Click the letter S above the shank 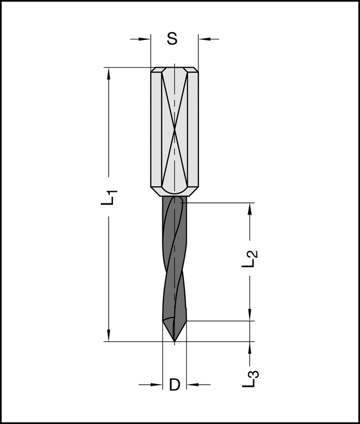point(172,39)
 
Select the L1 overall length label point(110,197)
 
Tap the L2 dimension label point(250,259)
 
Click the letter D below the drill point(174,384)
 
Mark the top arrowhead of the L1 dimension point(109,72)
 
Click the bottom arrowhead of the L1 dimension point(109,336)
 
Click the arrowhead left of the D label point(158,384)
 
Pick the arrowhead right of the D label point(191,384)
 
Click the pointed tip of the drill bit point(174,340)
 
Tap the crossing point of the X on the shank point(174,131)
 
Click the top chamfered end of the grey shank point(174,70)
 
